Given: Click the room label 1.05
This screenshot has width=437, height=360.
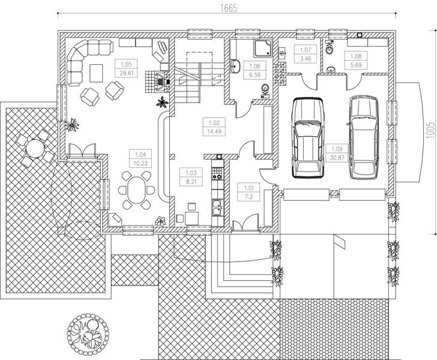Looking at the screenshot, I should tap(125, 64).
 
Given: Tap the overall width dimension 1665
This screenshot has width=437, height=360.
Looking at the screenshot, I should tap(228, 8).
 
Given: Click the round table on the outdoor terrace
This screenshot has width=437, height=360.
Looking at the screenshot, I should tap(34, 147).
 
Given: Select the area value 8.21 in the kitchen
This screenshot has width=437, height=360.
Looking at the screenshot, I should tap(191, 180).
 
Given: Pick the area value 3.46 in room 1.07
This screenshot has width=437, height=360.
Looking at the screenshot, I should tap(305, 58).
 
